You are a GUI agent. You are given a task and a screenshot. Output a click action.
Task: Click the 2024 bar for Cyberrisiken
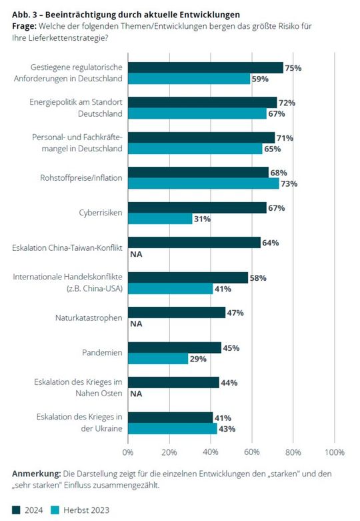tap(197, 208)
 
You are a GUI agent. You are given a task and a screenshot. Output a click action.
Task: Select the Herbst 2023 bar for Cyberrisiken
tap(160, 219)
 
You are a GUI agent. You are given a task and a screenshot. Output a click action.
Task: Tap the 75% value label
tap(294, 68)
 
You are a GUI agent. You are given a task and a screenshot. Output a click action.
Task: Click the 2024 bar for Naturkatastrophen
tap(176, 312)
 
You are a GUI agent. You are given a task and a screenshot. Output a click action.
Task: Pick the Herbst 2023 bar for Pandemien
tap(158, 359)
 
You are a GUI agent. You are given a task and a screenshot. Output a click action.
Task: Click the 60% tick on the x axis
tap(252, 452)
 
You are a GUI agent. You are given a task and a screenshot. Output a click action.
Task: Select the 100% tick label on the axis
tap(334, 452)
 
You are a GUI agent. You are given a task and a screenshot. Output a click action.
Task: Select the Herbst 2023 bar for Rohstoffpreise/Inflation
tap(203, 184)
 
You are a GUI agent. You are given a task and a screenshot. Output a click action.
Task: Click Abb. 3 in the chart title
tap(26, 14)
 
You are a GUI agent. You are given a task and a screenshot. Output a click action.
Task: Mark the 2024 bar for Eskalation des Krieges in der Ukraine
tap(170, 418)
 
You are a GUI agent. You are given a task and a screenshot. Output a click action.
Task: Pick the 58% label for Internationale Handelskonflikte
tap(258, 278)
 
